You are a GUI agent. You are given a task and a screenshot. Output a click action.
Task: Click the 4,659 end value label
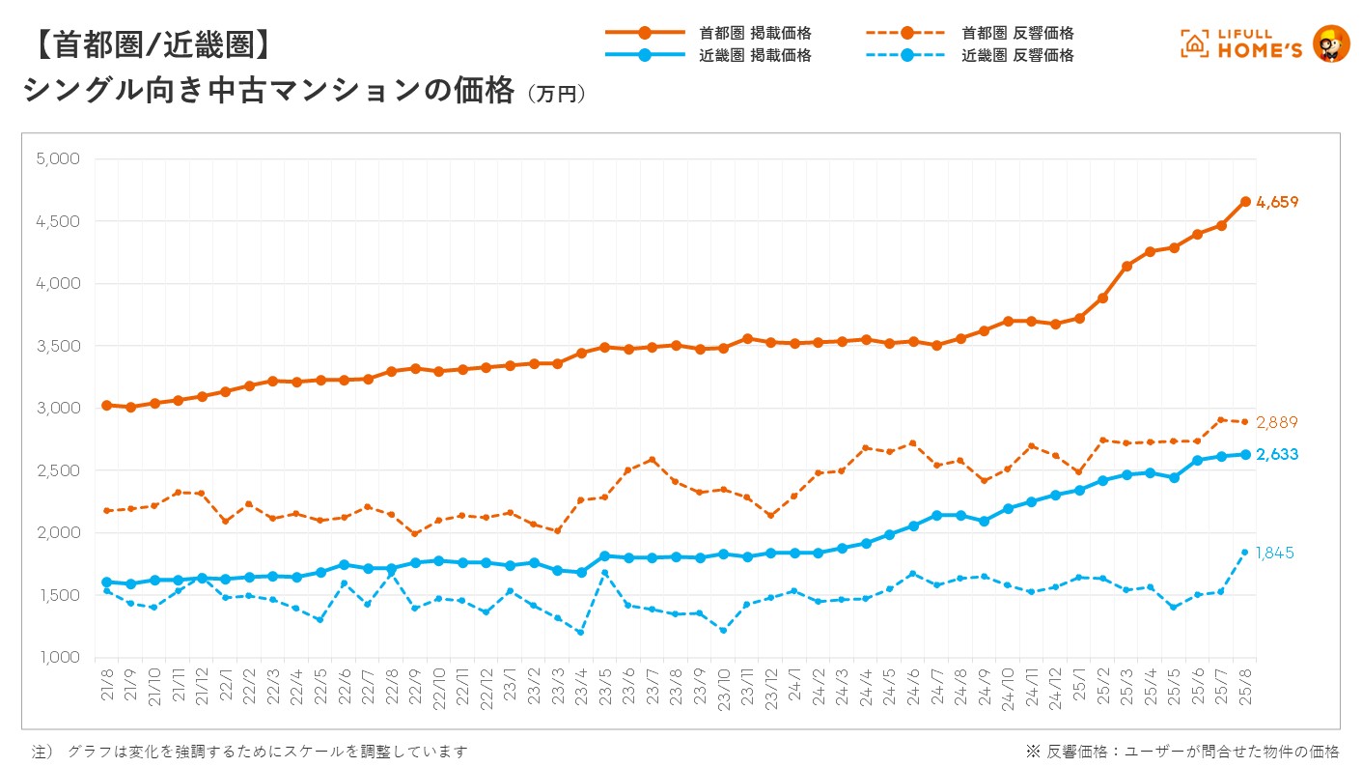click(1277, 203)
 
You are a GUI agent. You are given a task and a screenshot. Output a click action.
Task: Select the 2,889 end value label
click(1277, 422)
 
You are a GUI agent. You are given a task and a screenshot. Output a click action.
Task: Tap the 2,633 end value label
click(1277, 455)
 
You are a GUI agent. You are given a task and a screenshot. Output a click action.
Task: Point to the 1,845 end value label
click(1274, 554)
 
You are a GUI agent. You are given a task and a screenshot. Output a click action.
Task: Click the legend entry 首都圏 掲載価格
click(755, 33)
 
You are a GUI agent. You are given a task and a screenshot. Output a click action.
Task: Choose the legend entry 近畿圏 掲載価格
click(755, 55)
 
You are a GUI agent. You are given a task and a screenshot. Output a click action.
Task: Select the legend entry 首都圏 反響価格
click(1017, 33)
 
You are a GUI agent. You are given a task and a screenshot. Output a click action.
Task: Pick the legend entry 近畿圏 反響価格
click(1017, 55)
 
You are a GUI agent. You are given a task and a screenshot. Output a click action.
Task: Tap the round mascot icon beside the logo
click(1332, 44)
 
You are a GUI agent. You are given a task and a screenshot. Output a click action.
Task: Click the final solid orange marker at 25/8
click(1245, 202)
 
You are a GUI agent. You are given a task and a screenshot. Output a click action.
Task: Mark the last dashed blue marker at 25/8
click(1245, 553)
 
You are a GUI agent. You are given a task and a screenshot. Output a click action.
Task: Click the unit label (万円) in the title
click(556, 95)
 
